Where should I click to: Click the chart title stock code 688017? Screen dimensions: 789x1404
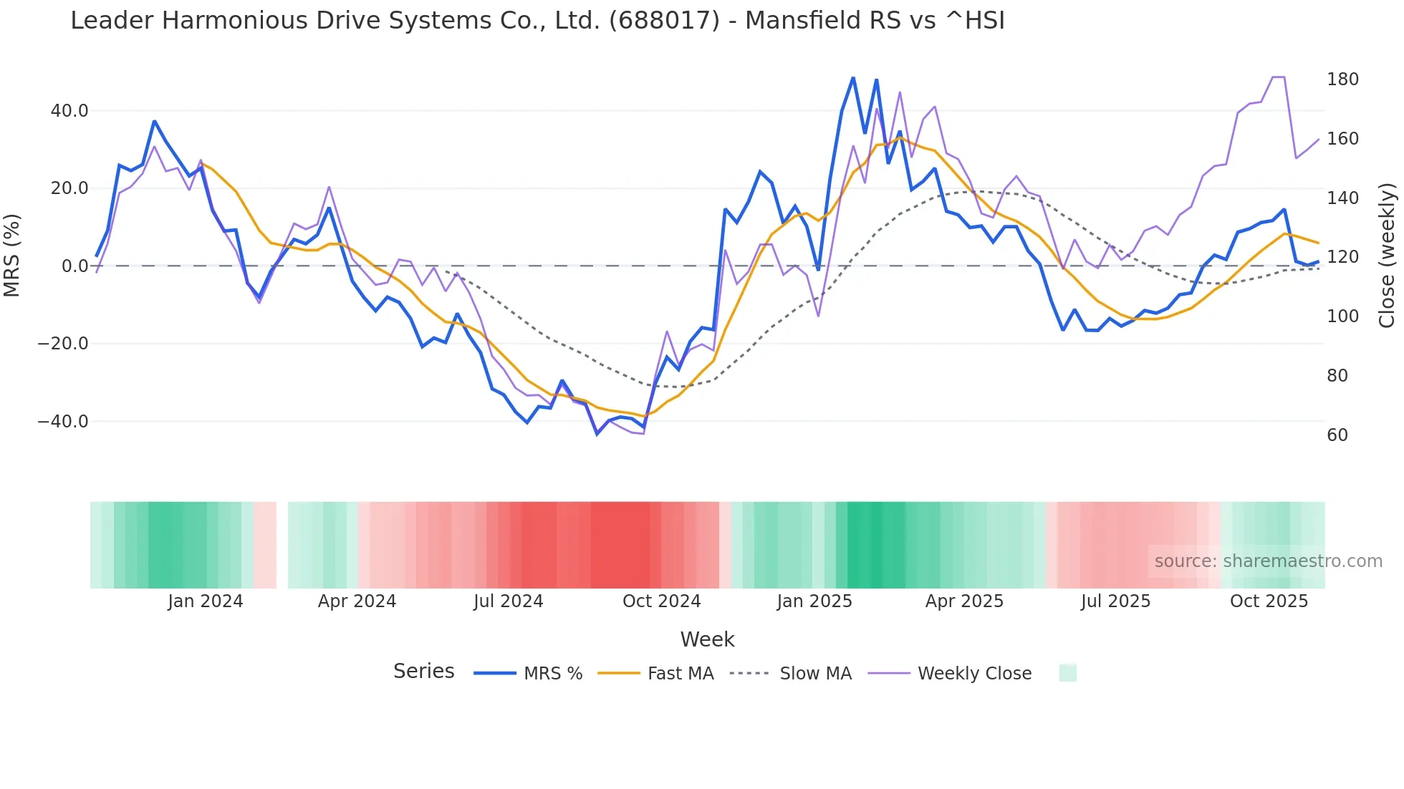tap(664, 21)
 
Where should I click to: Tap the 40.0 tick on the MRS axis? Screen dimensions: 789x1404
tap(69, 111)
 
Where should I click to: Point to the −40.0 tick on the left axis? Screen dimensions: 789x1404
tap(63, 422)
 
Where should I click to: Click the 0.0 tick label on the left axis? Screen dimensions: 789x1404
tap(75, 266)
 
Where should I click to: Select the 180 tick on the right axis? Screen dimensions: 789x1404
tap(1342, 79)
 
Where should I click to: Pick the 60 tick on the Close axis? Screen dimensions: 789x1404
tap(1337, 435)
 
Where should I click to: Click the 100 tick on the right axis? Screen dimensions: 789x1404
tap(1342, 316)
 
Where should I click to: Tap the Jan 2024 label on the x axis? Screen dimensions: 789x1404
tap(206, 601)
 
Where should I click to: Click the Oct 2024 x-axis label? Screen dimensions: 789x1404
tap(661, 601)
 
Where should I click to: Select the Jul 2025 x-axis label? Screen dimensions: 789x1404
tap(1115, 601)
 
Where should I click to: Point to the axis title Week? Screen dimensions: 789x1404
tap(707, 639)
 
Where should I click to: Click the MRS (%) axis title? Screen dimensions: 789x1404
tap(12, 256)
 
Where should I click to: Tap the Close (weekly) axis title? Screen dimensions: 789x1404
tap(1387, 256)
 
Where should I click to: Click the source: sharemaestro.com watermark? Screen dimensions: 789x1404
tap(1268, 561)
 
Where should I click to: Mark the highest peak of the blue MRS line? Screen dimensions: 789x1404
tap(853, 77)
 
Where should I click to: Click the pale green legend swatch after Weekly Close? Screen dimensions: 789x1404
tap(1067, 673)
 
